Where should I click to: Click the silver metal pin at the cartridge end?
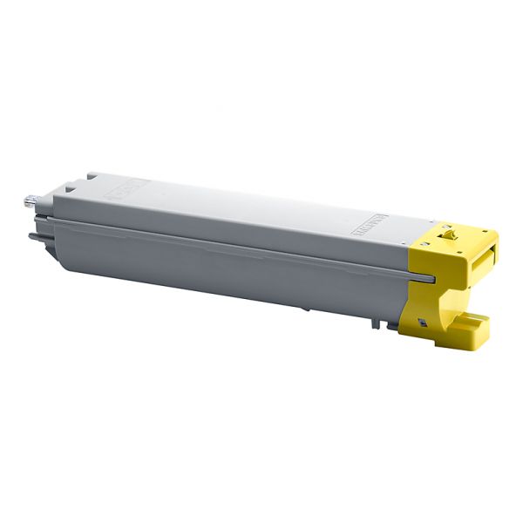click(x=28, y=202)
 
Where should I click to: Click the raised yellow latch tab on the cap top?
click(x=448, y=233)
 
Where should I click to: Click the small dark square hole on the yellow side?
click(x=423, y=323)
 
